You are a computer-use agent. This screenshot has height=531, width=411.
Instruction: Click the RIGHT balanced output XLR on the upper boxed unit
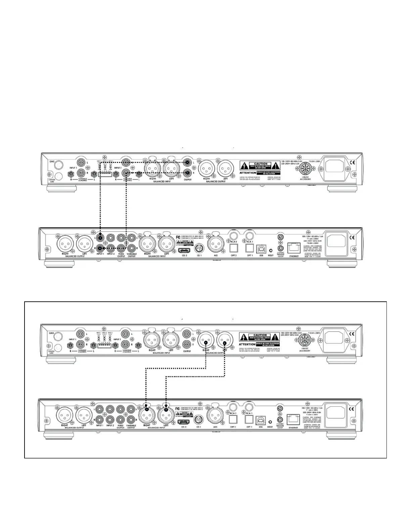(x=205, y=341)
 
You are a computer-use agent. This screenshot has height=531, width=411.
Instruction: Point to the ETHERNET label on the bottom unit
(x=293, y=427)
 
